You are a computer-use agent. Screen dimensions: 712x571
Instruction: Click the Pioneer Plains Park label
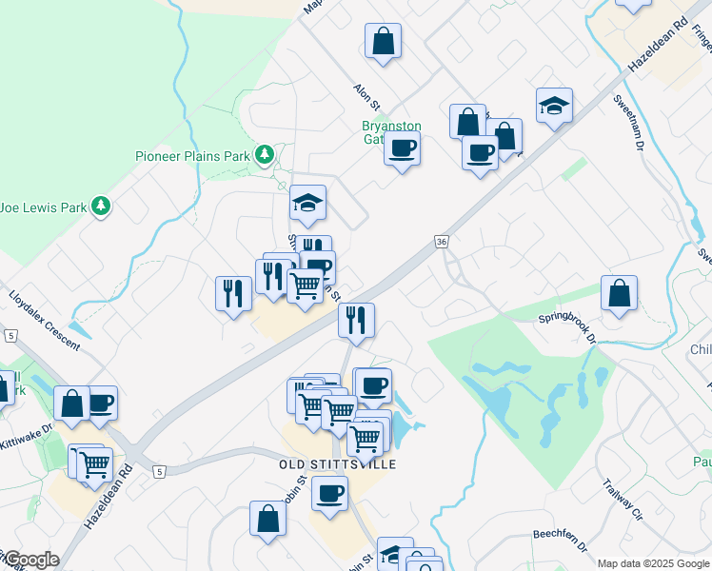coord(191,156)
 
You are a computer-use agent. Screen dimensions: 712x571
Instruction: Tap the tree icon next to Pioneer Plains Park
coord(264,154)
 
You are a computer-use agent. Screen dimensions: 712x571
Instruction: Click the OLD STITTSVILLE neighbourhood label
coord(337,463)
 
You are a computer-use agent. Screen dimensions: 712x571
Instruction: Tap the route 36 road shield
coord(441,243)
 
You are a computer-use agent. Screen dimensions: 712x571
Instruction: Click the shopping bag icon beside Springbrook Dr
coord(619,294)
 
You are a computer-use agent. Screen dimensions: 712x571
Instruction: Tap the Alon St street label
coord(366,96)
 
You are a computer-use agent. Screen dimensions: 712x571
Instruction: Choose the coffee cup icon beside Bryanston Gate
coord(402,148)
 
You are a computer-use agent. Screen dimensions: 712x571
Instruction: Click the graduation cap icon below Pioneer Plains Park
coord(307,203)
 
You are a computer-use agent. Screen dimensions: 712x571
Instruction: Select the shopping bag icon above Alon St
coord(383,41)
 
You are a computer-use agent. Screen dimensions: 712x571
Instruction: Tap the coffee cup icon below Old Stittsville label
coord(329,494)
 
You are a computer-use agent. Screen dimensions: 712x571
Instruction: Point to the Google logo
coord(30,560)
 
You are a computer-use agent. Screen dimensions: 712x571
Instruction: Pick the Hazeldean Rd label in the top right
coord(658,44)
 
